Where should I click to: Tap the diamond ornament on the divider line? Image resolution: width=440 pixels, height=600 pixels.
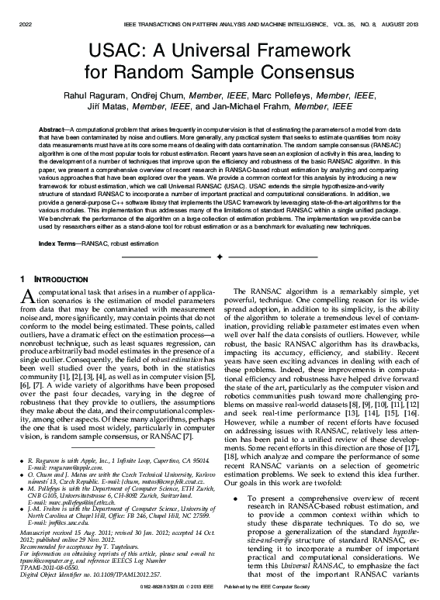(220, 255)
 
